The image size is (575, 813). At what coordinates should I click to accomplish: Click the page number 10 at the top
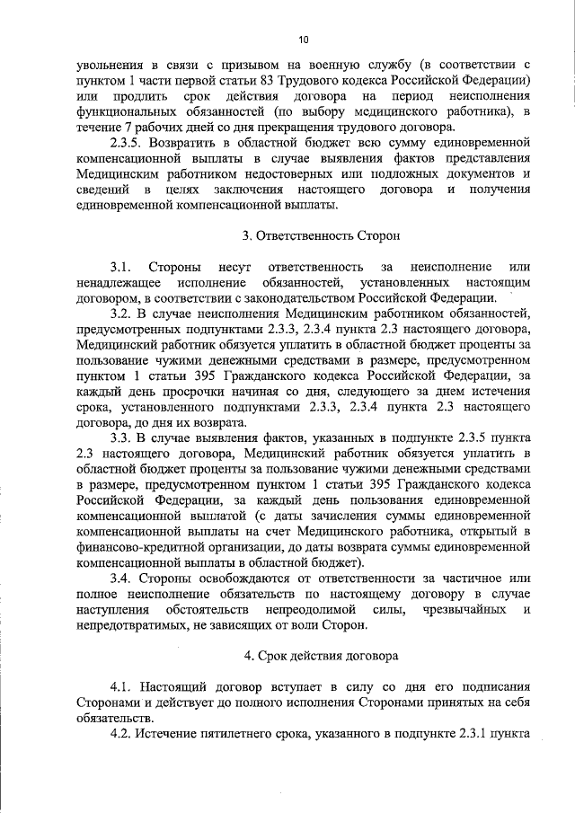pyautogui.click(x=303, y=40)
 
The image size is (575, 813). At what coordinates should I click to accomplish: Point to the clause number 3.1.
pyautogui.click(x=121, y=267)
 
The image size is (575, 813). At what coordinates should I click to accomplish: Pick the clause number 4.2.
pyautogui.click(x=121, y=734)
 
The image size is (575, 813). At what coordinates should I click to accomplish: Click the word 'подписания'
pyautogui.click(x=493, y=687)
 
